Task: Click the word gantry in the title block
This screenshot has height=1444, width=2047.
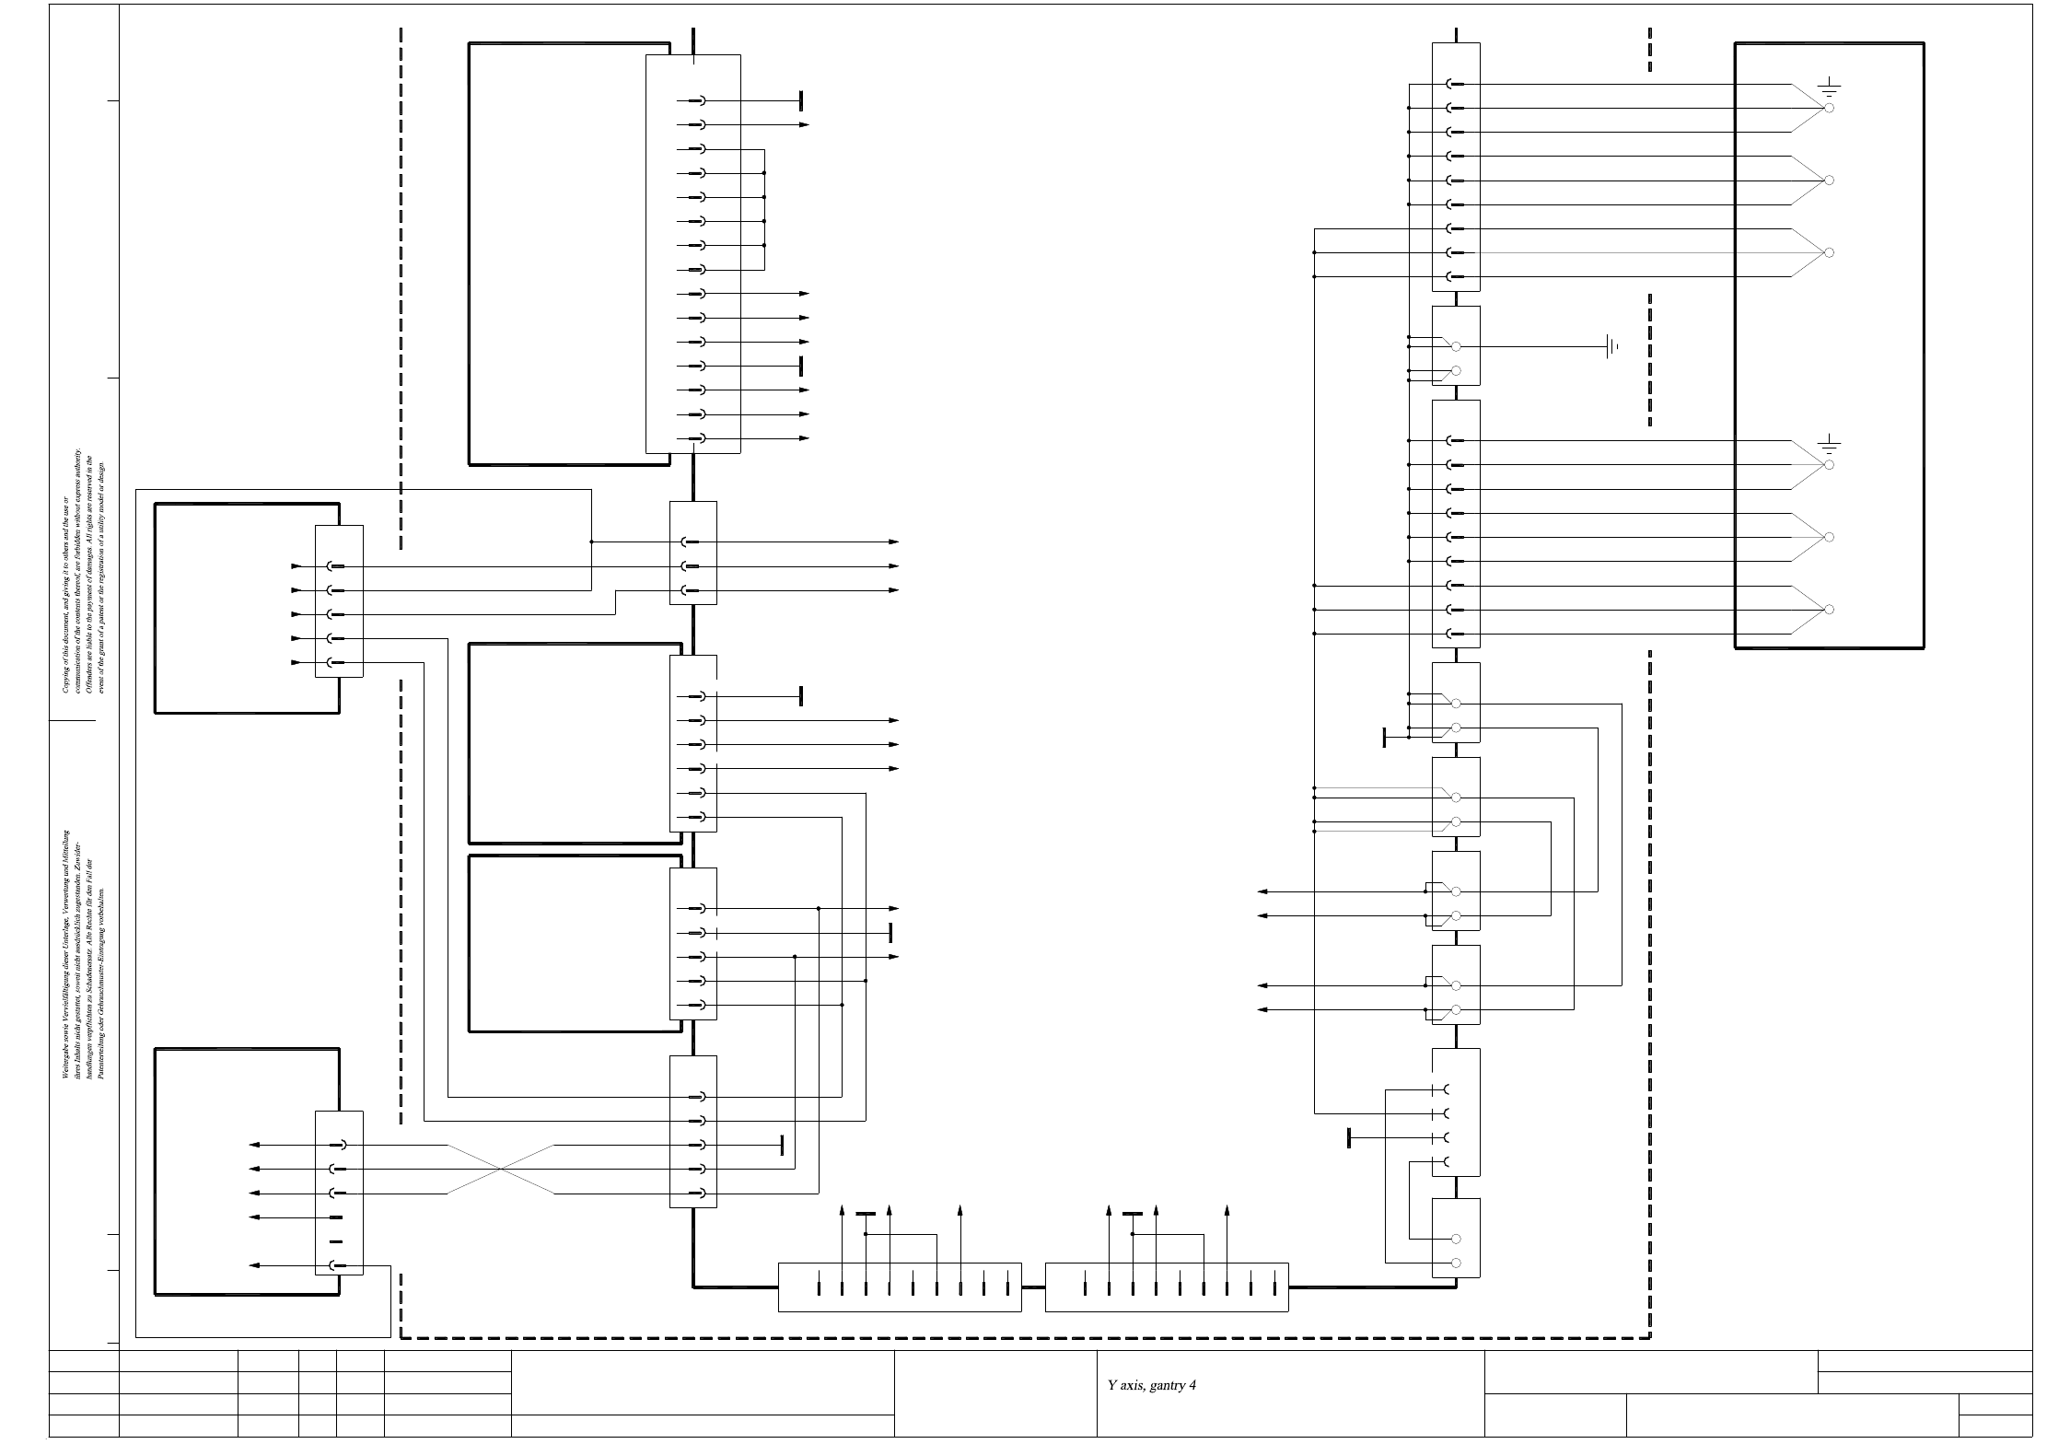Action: (1167, 1385)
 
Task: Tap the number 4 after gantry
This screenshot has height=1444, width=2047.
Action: (1192, 1385)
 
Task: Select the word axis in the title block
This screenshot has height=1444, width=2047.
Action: (1133, 1385)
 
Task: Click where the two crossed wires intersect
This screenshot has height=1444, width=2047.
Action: (501, 1169)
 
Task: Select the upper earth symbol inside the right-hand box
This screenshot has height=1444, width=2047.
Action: (1829, 89)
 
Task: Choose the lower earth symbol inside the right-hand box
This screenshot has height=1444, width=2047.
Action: (1829, 446)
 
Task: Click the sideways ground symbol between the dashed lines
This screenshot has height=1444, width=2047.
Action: (1611, 347)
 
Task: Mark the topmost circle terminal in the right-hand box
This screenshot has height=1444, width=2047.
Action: (1829, 109)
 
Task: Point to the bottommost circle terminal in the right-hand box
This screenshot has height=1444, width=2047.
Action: (1829, 610)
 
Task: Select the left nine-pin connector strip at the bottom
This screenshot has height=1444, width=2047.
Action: (900, 1287)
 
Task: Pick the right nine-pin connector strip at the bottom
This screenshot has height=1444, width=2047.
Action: (1167, 1287)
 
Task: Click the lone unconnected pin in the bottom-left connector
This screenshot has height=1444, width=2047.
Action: (336, 1241)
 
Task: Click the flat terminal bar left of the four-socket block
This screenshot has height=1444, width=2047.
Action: (1349, 1137)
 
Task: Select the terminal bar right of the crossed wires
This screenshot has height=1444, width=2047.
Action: (782, 1145)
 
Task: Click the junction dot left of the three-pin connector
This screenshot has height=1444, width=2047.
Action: (591, 542)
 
